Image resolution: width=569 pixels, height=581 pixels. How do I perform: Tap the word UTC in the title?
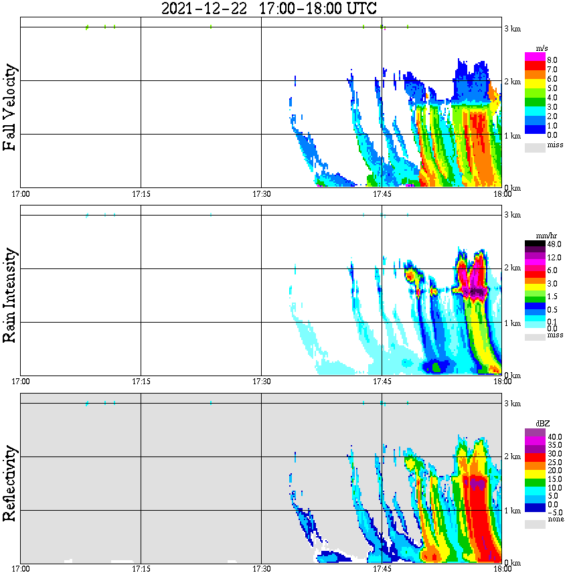click(358, 9)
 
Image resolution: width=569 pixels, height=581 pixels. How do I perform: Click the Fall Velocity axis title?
click(10, 107)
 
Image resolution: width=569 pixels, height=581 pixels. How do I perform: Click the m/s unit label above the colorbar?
click(541, 48)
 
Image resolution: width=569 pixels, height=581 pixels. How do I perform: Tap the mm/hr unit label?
click(541, 236)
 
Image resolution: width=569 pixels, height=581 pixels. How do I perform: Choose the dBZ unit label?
click(541, 424)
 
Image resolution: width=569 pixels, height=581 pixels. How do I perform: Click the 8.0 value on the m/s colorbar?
click(552, 60)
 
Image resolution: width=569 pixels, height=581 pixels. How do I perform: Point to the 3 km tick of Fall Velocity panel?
click(512, 28)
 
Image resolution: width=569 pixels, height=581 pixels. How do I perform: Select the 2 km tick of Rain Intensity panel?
click(512, 268)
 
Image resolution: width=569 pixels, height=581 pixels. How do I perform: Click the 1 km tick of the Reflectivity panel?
click(512, 511)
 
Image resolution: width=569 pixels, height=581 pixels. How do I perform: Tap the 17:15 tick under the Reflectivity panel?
click(141, 570)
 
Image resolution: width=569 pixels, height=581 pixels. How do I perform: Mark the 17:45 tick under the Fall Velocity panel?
click(382, 194)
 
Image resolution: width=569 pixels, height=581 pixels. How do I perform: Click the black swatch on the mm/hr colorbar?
click(535, 245)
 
